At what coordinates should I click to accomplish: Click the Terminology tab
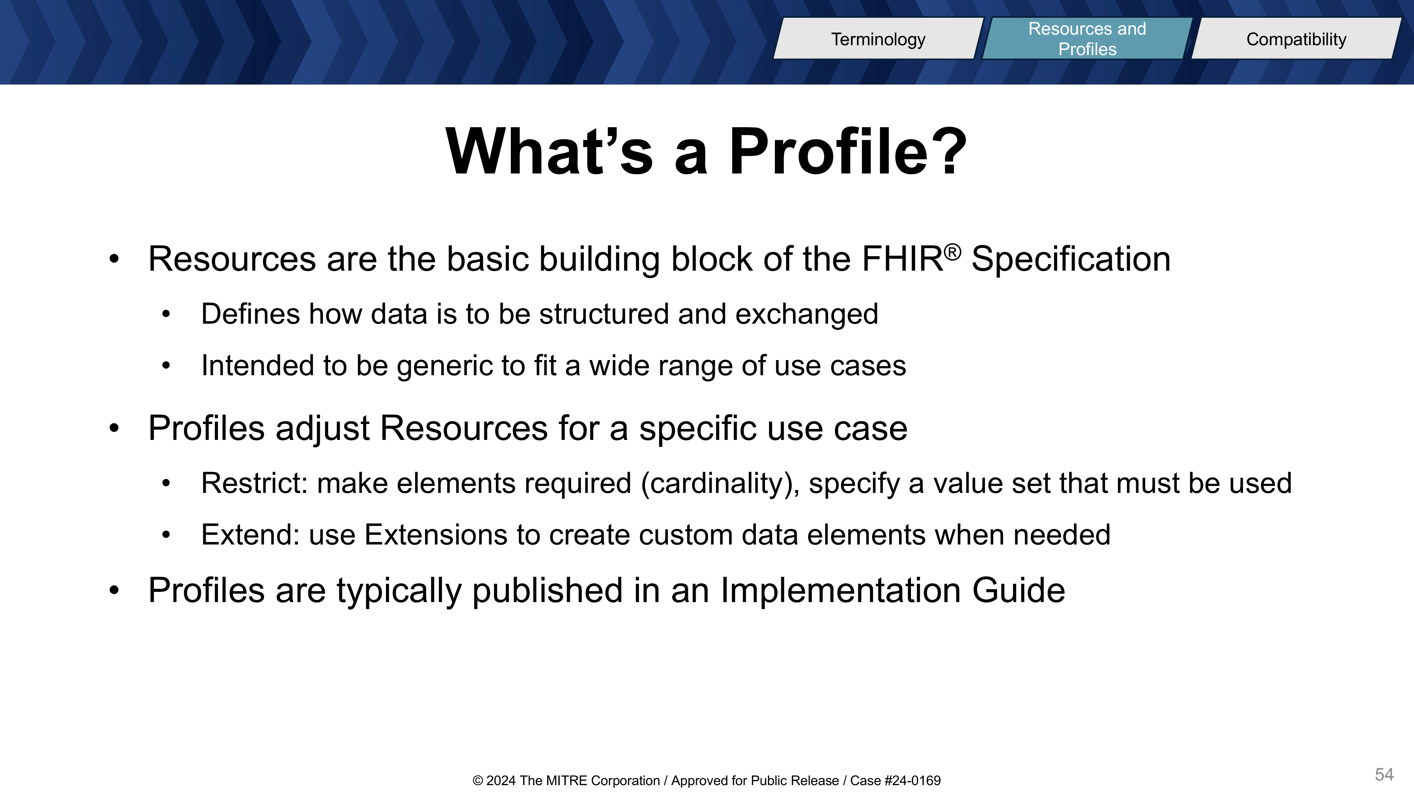(x=878, y=39)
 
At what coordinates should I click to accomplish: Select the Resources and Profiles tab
(x=1087, y=39)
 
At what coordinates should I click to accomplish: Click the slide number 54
(x=1384, y=774)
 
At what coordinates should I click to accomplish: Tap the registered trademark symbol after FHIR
(x=953, y=252)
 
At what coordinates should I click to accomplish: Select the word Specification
(x=1071, y=259)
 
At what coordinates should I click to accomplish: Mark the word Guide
(x=1018, y=590)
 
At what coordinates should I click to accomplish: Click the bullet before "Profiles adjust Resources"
(x=113, y=428)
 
